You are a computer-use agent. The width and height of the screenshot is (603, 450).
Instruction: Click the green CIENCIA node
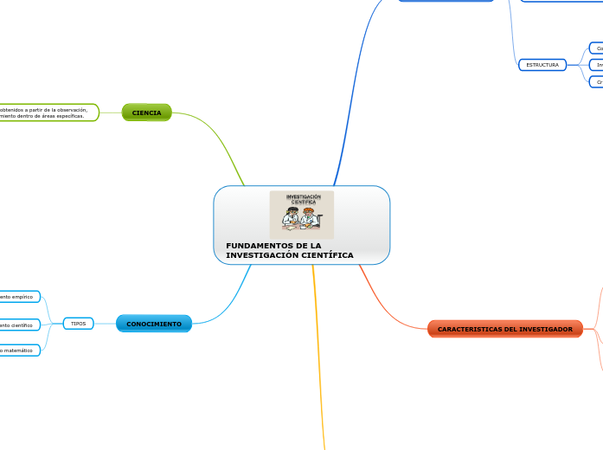[146, 112]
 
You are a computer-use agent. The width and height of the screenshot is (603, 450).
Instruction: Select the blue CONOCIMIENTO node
[154, 324]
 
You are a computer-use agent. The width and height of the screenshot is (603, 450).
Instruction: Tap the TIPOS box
[78, 324]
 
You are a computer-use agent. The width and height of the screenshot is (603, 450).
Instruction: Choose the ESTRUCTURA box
[542, 65]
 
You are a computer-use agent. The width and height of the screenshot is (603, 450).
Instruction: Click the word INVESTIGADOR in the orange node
[544, 330]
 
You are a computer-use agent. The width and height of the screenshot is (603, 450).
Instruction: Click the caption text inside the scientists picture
[303, 199]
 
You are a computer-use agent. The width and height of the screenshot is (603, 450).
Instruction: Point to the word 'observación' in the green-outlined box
[69, 110]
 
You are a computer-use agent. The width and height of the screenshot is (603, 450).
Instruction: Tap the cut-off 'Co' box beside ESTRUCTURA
[597, 48]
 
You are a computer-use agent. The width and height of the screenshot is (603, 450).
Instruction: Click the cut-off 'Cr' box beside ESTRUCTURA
[597, 81]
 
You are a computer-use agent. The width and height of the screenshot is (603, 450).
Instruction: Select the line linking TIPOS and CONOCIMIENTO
[105, 324]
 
